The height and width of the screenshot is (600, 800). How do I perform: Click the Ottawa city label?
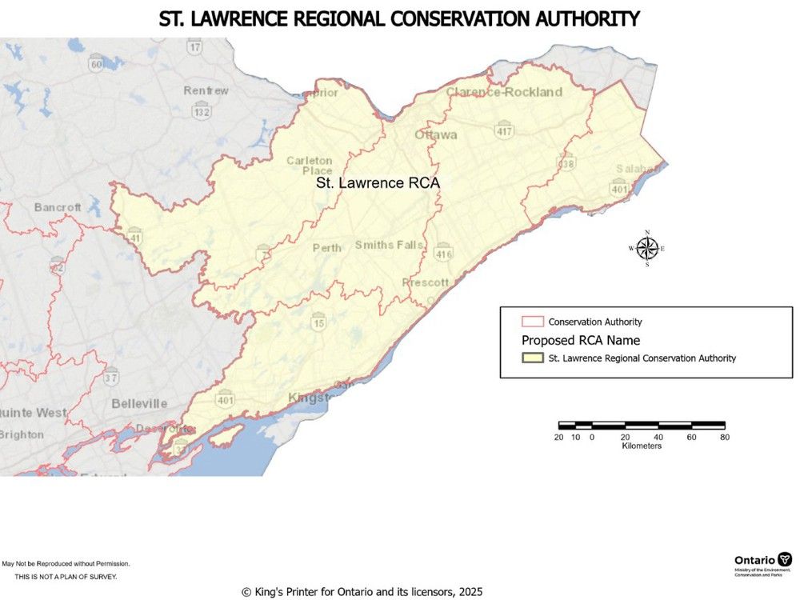pyautogui.click(x=436, y=134)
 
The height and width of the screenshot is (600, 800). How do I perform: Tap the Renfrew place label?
pyautogui.click(x=206, y=90)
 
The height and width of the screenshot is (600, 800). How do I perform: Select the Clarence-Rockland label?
pyautogui.click(x=504, y=92)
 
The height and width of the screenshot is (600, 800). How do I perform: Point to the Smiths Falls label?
pyautogui.click(x=390, y=245)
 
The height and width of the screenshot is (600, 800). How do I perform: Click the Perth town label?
pyautogui.click(x=326, y=248)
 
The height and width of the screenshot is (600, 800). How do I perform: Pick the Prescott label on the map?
pyautogui.click(x=426, y=283)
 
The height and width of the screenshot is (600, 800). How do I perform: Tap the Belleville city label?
pyautogui.click(x=139, y=403)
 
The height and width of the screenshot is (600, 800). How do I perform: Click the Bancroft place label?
pyautogui.click(x=58, y=207)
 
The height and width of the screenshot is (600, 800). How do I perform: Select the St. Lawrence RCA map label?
pyautogui.click(x=378, y=183)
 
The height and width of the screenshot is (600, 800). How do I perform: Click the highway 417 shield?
pyautogui.click(x=504, y=130)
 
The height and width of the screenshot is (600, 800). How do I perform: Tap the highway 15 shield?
pyautogui.click(x=318, y=322)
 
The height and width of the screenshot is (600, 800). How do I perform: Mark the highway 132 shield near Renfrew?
pyautogui.click(x=201, y=112)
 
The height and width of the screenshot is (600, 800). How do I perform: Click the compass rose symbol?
pyautogui.click(x=646, y=249)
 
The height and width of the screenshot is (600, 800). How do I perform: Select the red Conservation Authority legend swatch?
pyautogui.click(x=533, y=322)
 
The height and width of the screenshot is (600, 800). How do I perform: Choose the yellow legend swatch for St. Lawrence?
pyautogui.click(x=533, y=358)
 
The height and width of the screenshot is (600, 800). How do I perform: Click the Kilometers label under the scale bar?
pyautogui.click(x=642, y=446)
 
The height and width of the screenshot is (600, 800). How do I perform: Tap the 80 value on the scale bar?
pyautogui.click(x=724, y=437)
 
